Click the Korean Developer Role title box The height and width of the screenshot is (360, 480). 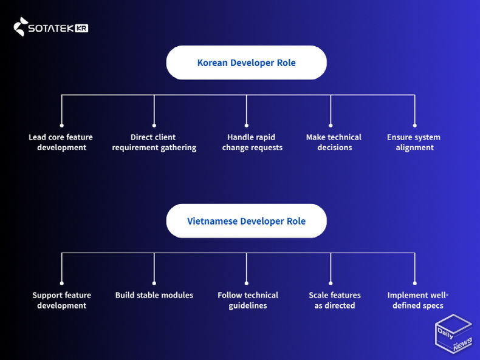point(246,63)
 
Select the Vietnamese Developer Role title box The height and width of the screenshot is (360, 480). point(246,221)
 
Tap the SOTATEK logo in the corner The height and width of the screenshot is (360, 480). point(51,27)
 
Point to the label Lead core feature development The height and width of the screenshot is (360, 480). point(61,142)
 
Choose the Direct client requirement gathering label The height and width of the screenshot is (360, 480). point(154,142)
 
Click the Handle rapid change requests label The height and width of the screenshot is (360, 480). point(252,142)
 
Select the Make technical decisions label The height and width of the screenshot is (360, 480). point(334,142)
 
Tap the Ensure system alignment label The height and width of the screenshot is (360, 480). point(414,142)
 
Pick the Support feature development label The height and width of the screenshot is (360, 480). point(61,300)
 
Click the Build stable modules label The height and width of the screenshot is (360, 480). point(154,295)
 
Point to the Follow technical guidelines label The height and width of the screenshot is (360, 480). point(248,300)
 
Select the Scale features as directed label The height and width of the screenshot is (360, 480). point(335,300)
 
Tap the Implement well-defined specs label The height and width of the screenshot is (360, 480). point(418,300)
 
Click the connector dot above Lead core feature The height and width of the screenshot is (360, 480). point(61,125)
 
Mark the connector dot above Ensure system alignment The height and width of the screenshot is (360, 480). point(415,125)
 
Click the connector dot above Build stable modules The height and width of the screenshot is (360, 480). point(154,283)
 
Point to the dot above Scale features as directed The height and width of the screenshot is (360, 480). point(331,283)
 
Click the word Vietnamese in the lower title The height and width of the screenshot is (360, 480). point(212,221)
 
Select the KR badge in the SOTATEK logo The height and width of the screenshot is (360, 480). point(82,28)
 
